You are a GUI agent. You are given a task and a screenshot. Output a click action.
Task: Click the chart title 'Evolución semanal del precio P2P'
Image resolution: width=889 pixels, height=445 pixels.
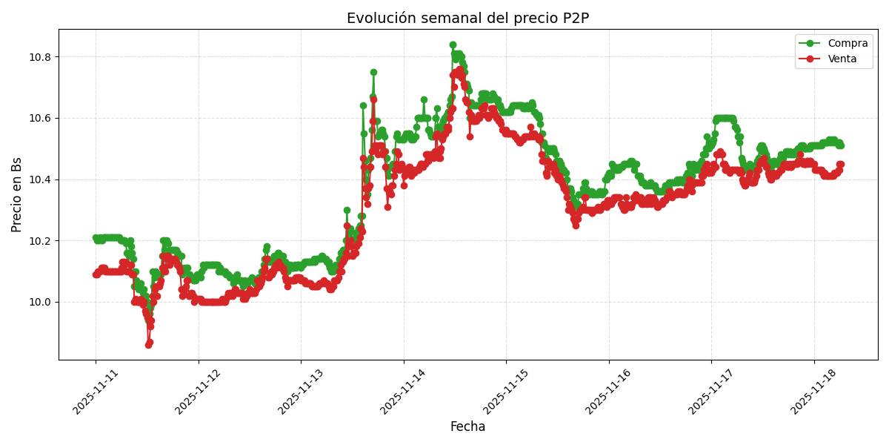click(x=467, y=19)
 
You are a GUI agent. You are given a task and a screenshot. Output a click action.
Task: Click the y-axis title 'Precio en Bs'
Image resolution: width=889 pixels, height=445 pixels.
click(x=17, y=194)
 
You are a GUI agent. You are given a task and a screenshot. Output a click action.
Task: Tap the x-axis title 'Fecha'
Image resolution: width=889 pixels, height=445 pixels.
click(x=467, y=427)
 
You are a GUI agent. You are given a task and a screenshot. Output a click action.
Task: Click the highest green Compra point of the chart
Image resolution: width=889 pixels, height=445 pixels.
click(x=453, y=45)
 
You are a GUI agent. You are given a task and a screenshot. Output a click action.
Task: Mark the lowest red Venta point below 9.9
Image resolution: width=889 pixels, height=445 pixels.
click(x=148, y=345)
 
